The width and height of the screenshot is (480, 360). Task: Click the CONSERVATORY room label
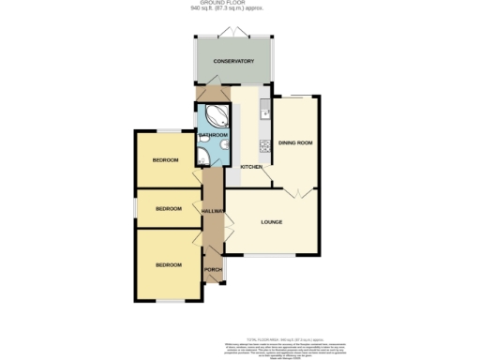click(233, 61)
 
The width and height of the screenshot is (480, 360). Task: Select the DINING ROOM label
click(295, 142)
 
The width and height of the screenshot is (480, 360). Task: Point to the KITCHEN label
click(252, 167)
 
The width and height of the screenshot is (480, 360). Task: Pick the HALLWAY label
click(214, 211)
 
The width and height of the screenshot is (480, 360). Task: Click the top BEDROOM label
click(165, 160)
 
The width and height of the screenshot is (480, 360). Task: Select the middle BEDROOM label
click(168, 208)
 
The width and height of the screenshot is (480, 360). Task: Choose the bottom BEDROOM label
click(168, 265)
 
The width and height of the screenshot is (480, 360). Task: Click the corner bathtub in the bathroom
click(215, 117)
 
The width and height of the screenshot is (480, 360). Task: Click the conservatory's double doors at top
click(233, 33)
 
